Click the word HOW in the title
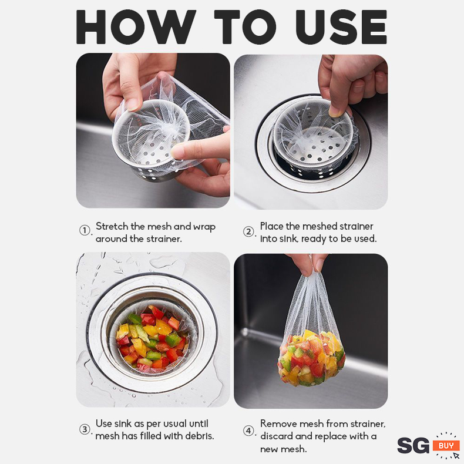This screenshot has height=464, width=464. click(136, 27)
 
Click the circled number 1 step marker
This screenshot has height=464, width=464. click(85, 230)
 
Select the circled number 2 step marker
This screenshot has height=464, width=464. click(248, 231)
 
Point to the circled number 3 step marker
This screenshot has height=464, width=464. click(85, 429)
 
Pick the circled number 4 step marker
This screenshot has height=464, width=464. click(248, 431)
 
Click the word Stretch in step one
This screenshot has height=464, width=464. click(112, 226)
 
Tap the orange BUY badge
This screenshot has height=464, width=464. click(446, 445)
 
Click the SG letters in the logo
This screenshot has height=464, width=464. click(413, 445)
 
